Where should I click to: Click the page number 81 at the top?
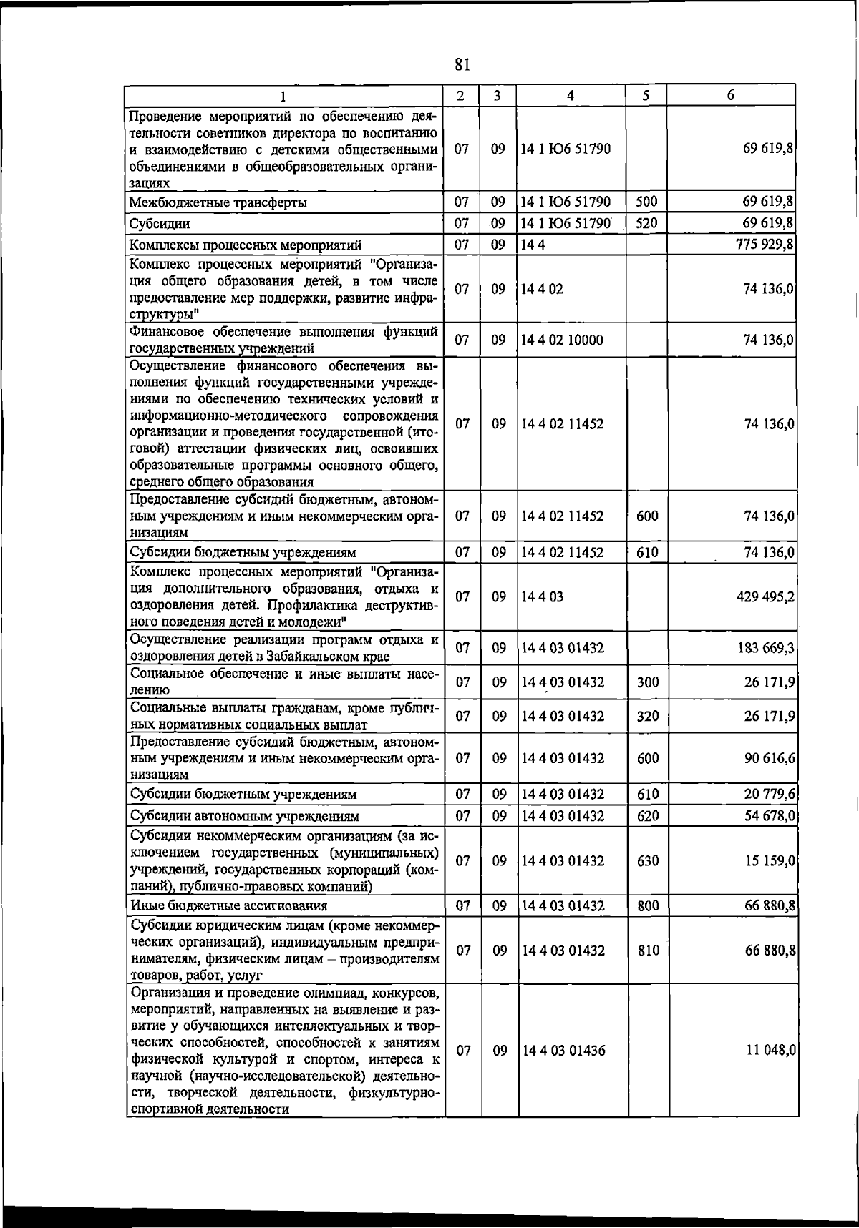click(x=462, y=65)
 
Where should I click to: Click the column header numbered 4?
click(x=571, y=95)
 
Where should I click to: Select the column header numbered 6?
click(x=730, y=95)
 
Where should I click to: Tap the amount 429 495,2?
click(x=765, y=596)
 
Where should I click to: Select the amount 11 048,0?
click(x=769, y=1050)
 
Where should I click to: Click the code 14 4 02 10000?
click(x=563, y=340)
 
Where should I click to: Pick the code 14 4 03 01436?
click(x=563, y=1050)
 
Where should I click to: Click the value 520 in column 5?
click(x=646, y=223)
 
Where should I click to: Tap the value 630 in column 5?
click(x=648, y=861)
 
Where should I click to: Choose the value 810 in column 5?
click(x=648, y=951)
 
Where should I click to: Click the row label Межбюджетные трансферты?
click(x=218, y=202)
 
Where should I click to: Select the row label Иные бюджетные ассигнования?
click(x=229, y=906)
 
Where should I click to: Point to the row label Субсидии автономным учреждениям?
click(x=245, y=816)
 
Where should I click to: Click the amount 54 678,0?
click(x=769, y=816)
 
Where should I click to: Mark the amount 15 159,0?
click(x=769, y=861)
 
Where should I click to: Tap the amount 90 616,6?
click(x=769, y=758)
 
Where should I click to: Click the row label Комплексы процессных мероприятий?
click(x=246, y=245)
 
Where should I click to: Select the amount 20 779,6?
click(x=769, y=794)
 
